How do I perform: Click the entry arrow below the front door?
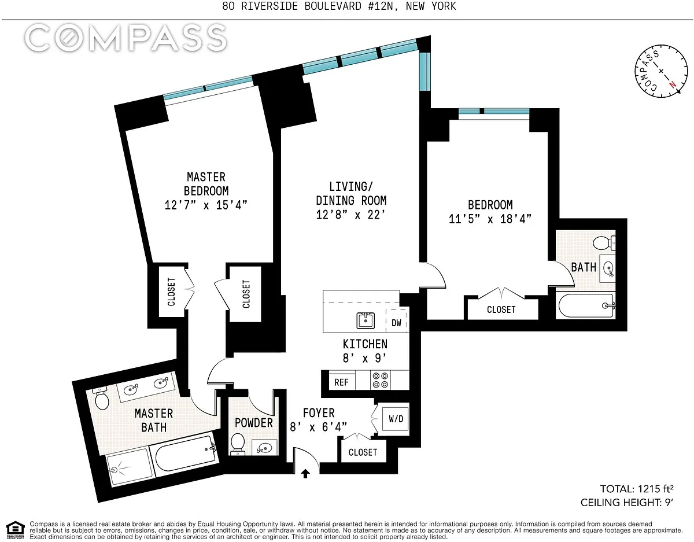(305, 474)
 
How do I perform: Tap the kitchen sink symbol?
(366, 320)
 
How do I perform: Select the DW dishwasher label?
(396, 323)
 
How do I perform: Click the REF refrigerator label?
(341, 382)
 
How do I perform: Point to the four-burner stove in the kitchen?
(381, 380)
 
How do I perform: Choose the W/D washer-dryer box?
(396, 418)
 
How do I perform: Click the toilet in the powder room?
(237, 443)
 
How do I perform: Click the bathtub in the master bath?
(185, 453)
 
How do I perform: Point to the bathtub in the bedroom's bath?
(586, 305)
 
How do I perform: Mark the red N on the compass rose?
(672, 84)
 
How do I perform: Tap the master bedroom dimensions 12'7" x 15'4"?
(206, 205)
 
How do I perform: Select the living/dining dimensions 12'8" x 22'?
(350, 215)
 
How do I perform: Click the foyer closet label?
(363, 452)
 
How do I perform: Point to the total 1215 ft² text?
(637, 489)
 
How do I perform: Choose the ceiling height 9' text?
(626, 503)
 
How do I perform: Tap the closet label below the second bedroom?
(501, 309)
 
